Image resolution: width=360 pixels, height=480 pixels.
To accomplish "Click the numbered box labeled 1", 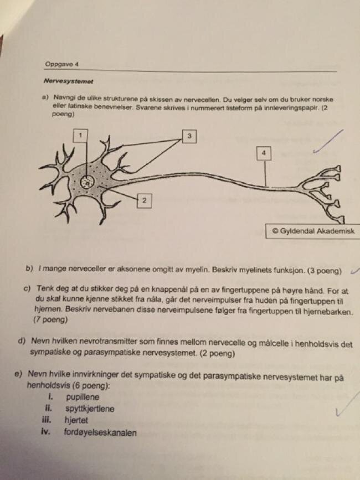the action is [80, 135].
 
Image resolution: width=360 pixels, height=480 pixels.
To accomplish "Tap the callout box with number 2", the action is [144, 201].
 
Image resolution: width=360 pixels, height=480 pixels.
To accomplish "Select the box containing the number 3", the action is [189, 136].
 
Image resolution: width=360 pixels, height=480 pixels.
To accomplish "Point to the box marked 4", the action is [264, 153].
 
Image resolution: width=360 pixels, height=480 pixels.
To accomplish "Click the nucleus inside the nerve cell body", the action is [88, 183].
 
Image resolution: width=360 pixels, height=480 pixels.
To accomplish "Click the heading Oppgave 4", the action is [61, 64].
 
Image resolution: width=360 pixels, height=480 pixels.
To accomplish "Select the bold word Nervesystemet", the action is [69, 81].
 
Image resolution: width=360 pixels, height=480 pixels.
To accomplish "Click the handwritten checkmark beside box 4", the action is [328, 141].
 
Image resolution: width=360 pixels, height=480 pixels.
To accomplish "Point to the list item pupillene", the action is [83, 397].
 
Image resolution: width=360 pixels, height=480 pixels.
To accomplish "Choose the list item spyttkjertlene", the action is [90, 409].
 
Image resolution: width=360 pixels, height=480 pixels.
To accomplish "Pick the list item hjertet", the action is [76, 420].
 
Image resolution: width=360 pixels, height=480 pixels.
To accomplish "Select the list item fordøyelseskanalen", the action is [100, 432].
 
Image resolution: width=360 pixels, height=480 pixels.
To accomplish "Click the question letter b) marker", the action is [29, 269].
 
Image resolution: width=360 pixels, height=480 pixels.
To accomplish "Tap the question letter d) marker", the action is [22, 340].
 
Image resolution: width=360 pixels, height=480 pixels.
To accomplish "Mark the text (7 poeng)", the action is [50, 320].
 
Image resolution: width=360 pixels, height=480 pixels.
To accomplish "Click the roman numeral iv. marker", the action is [45, 432].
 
